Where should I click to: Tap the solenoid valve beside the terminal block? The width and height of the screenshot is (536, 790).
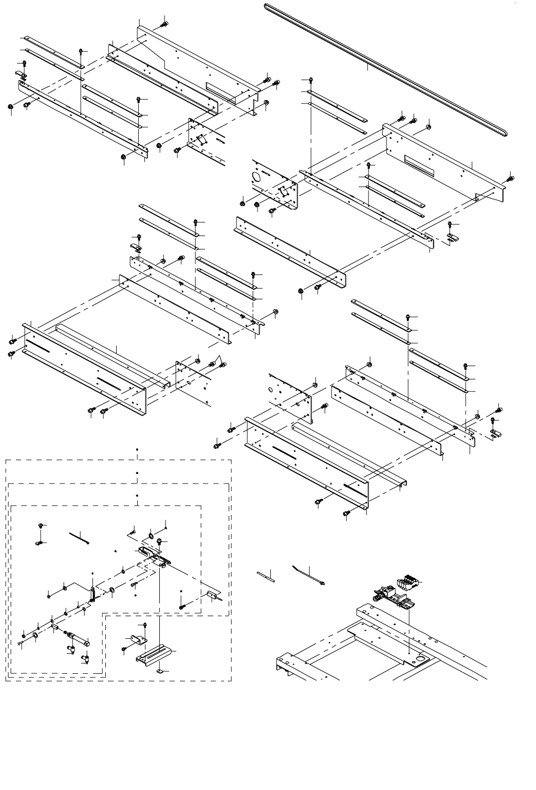click(386, 595)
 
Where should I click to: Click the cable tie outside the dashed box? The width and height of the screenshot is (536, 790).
click(308, 575)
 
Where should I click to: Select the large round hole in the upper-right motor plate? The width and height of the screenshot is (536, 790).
click(256, 176)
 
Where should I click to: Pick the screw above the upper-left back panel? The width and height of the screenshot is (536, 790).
click(164, 23)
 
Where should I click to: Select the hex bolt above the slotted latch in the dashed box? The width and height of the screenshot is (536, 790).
click(160, 541)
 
